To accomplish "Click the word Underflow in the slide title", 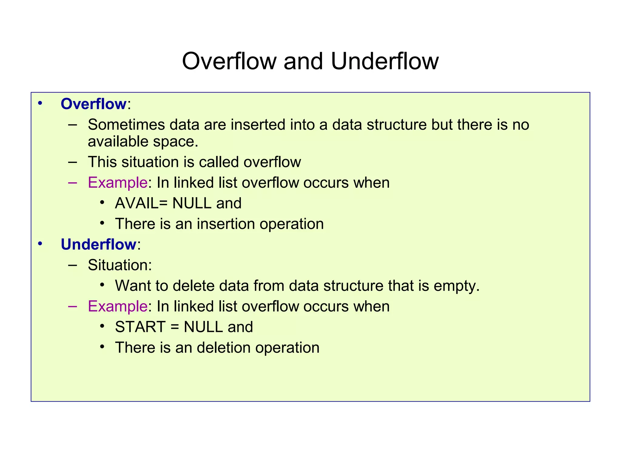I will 384,62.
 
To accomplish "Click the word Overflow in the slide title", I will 229,62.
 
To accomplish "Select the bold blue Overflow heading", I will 93,104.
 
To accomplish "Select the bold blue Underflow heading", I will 99,245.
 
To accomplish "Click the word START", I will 140,327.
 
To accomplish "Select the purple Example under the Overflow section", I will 118,183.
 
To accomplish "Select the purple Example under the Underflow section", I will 118,306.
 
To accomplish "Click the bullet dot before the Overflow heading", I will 40,103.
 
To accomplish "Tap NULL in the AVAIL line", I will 192,203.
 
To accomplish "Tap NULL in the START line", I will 203,327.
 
